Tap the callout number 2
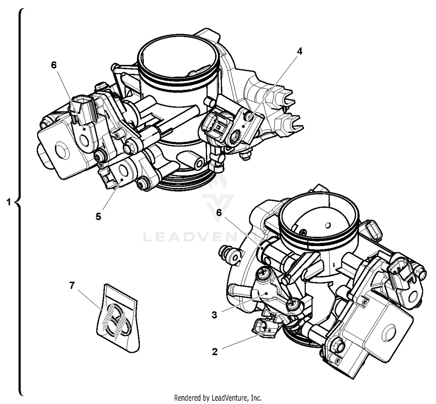pyautogui.click(x=215, y=352)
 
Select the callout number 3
pyautogui.click(x=214, y=315)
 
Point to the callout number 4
pyautogui.click(x=299, y=51)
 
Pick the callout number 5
pyautogui.click(x=98, y=216)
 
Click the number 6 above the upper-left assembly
pyautogui.click(x=54, y=65)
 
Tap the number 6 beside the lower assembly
pyautogui.click(x=219, y=213)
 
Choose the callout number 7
pyautogui.click(x=72, y=286)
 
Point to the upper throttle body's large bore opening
pyautogui.click(x=178, y=57)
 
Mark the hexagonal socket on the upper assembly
pyautogui.click(x=235, y=137)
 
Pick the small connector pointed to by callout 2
pyautogui.click(x=263, y=328)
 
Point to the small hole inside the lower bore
pyautogui.click(x=328, y=225)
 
